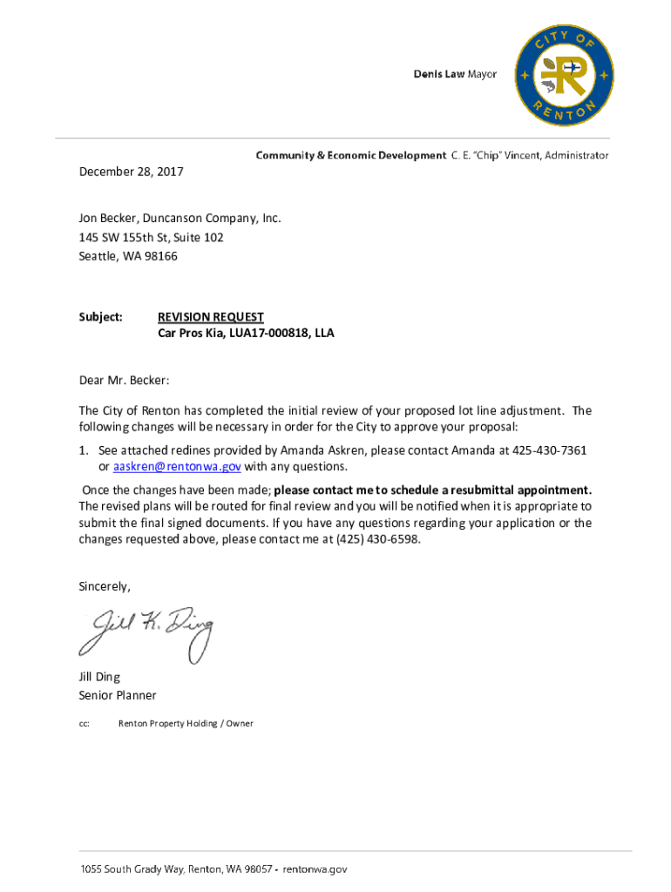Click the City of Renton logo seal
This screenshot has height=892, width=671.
(564, 75)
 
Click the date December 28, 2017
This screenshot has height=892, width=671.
(131, 172)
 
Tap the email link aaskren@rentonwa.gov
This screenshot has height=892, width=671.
(165, 466)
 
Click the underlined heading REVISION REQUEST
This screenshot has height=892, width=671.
(210, 317)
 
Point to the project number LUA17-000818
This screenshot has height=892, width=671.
(267, 333)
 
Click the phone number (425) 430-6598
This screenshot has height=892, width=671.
(377, 539)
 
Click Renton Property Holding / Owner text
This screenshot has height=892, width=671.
(186, 723)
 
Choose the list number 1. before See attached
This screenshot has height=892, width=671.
(85, 450)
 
